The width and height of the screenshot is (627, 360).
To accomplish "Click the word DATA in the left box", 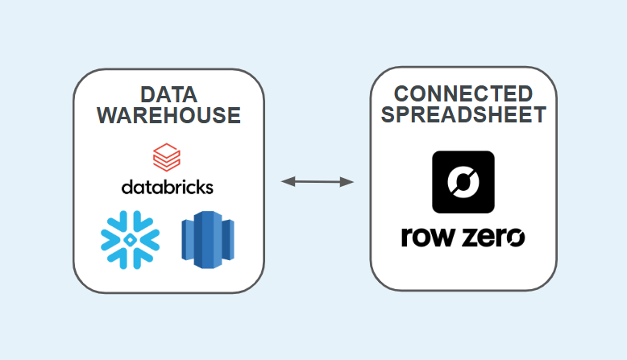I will click(168, 93).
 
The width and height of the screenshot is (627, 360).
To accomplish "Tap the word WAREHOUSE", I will click(168, 115).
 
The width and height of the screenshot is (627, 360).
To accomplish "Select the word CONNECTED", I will click(463, 93).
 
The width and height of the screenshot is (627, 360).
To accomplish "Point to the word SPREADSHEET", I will click(463, 114).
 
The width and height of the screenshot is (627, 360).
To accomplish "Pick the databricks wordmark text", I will click(168, 187).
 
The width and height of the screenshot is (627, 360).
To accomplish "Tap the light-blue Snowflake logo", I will click(130, 238).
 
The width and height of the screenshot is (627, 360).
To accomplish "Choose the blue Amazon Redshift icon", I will click(207, 238).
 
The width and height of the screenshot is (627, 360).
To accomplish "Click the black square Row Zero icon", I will click(463, 181).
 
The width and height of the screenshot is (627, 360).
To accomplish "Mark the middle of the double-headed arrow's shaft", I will click(318, 182).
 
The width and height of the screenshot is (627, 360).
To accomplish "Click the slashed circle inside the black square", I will click(463, 181).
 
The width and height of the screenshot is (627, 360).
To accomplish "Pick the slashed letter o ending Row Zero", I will click(515, 238).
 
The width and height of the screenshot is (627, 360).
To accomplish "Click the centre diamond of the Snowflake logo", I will click(130, 238).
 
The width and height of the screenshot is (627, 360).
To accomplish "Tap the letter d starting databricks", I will click(127, 186).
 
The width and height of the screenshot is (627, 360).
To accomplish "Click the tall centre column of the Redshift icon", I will click(207, 238).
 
